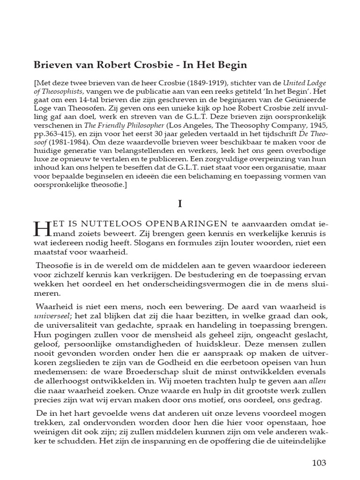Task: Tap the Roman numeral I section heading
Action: [x=180, y=204]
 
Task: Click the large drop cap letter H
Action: [x=42, y=229]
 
